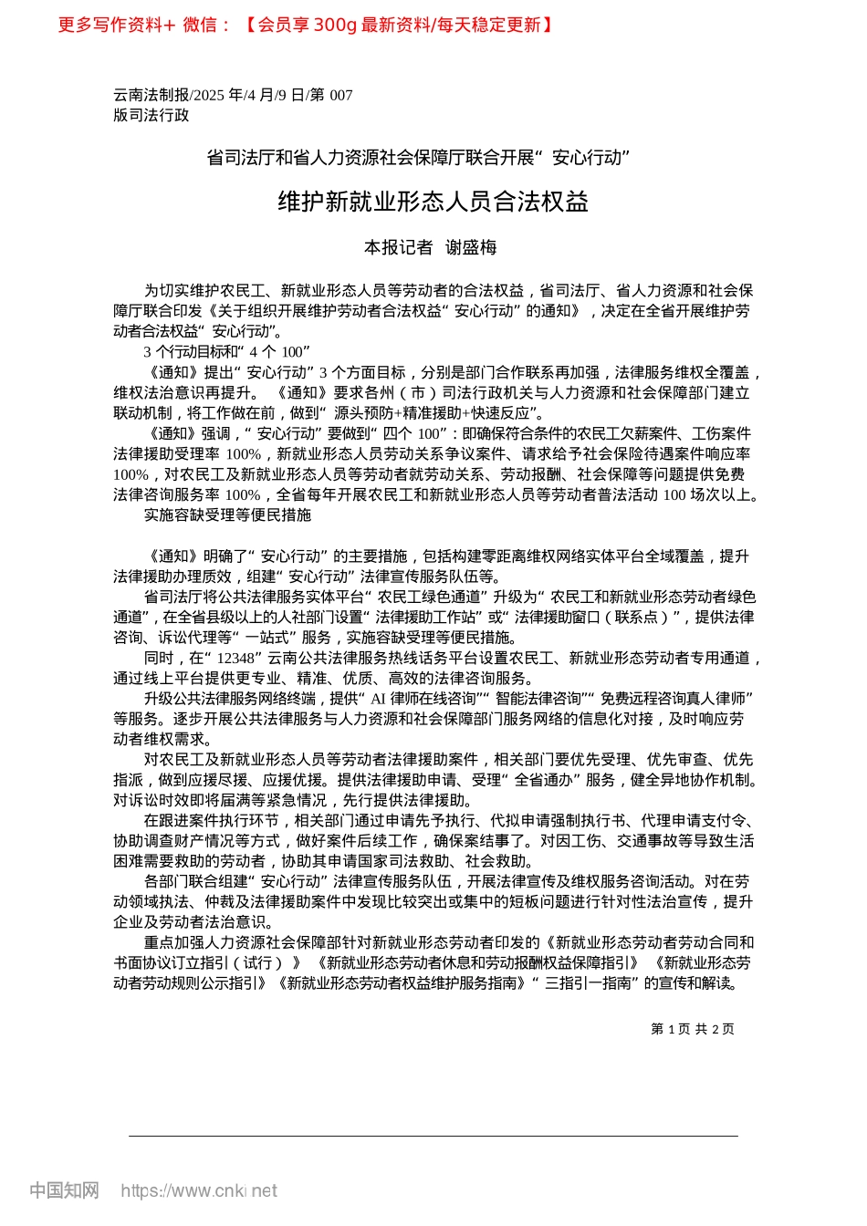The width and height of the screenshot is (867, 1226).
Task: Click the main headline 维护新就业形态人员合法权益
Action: pos(433,202)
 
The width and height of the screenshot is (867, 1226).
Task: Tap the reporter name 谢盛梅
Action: pos(471,247)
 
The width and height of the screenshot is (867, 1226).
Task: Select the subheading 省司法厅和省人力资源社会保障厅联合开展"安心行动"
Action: pos(419,158)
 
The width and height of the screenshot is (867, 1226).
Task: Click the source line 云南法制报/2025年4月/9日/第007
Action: pos(233,95)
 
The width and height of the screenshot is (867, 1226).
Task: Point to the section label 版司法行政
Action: pos(151,115)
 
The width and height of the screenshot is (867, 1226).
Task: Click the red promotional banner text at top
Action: pos(306,25)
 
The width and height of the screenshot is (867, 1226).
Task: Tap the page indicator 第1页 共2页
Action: pos(692,1029)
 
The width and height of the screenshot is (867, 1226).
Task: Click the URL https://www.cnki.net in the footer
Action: pos(199,1190)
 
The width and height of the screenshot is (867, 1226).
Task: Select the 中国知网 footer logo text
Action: pos(64,1190)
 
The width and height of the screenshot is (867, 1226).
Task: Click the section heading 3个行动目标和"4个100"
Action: pos(227,352)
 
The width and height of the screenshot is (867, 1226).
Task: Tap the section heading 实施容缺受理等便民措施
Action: pos(227,515)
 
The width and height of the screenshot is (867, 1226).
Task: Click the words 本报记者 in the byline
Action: pos(398,247)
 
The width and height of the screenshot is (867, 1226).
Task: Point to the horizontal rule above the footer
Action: pos(433,1136)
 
